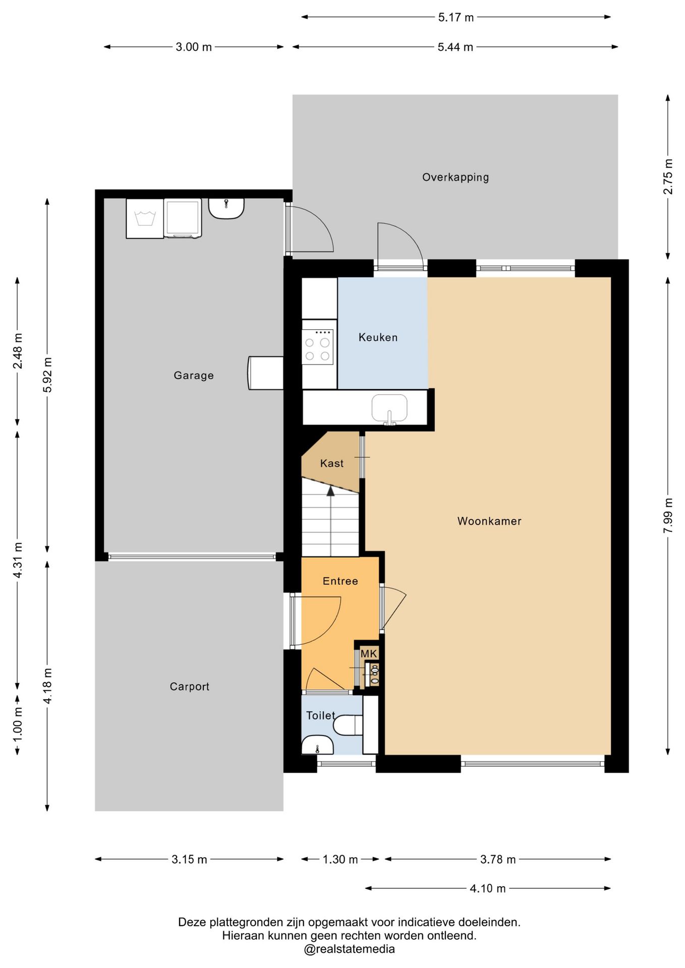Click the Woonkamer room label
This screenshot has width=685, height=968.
(489, 521)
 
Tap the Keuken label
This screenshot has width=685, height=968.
(378, 337)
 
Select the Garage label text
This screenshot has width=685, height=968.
(194, 375)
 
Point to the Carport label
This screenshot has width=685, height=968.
(189, 686)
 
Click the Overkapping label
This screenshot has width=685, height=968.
(455, 177)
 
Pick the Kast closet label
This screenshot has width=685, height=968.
(332, 463)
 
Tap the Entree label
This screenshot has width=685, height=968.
(340, 581)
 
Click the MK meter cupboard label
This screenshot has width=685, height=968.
(369, 653)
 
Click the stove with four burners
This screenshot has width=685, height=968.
(318, 347)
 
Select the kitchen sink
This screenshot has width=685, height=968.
(389, 409)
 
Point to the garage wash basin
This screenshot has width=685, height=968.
(226, 208)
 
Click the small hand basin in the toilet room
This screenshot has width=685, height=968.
(317, 745)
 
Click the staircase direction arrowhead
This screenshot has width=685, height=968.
(331, 491)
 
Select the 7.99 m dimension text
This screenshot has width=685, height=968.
(668, 515)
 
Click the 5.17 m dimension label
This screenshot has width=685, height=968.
(456, 17)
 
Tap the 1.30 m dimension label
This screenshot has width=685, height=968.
(340, 860)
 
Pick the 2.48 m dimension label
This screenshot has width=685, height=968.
(18, 351)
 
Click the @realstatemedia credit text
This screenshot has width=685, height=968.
(349, 949)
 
